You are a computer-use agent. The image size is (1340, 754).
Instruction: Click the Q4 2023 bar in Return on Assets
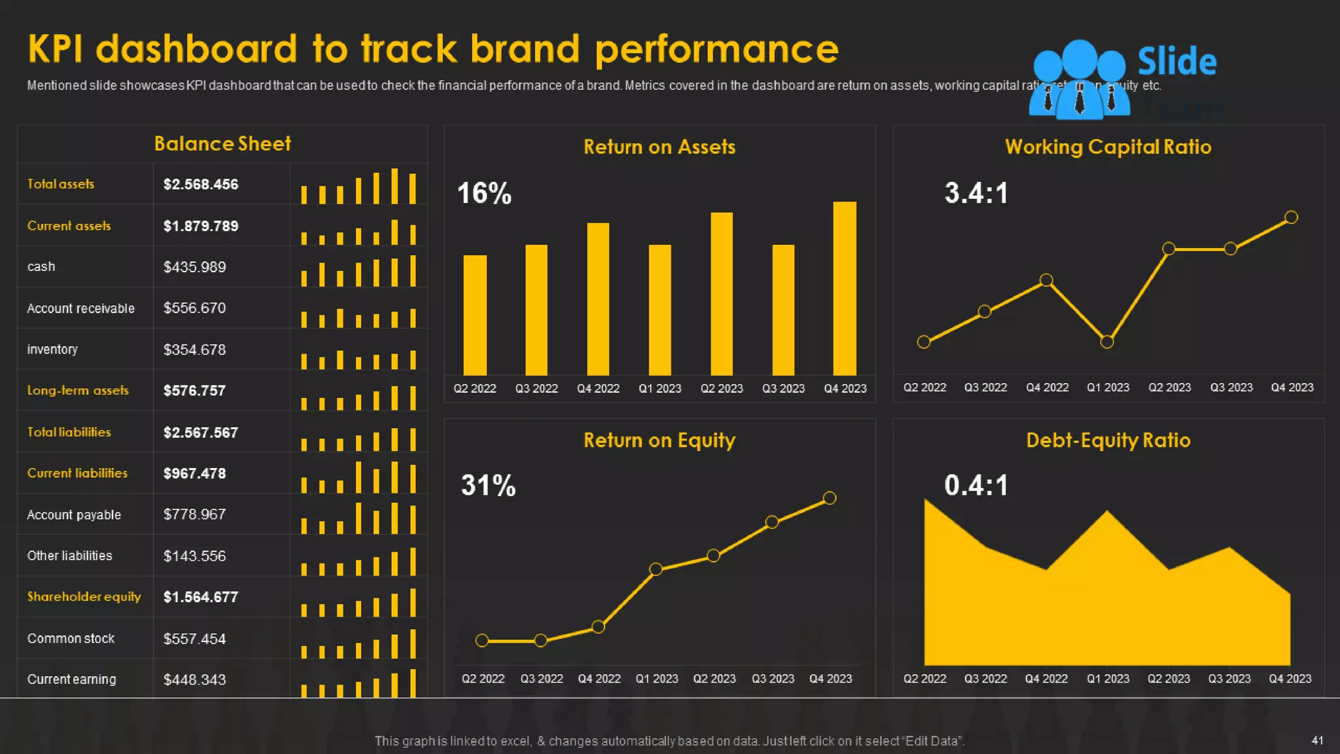click(x=844, y=288)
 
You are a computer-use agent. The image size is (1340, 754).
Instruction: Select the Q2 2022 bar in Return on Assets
click(x=475, y=315)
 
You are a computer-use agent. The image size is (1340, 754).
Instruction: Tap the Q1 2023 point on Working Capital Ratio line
click(x=1107, y=342)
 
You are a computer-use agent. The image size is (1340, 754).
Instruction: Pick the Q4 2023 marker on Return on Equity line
click(x=830, y=498)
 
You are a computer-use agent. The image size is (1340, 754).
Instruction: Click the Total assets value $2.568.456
click(x=201, y=185)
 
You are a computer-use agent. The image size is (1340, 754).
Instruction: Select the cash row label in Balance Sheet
click(x=41, y=267)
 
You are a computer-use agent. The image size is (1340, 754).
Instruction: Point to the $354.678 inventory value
click(x=194, y=350)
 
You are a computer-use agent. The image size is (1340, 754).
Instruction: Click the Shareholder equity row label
click(x=84, y=597)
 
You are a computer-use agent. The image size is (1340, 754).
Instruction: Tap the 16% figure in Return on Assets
click(x=484, y=194)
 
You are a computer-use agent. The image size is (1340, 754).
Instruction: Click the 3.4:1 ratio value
click(x=976, y=194)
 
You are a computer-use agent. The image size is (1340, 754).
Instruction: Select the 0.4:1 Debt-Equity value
click(x=976, y=486)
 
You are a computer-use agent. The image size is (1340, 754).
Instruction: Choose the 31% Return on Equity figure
click(x=488, y=486)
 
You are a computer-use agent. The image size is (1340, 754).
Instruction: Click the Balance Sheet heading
click(x=222, y=144)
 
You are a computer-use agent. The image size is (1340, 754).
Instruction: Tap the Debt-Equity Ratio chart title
click(x=1108, y=440)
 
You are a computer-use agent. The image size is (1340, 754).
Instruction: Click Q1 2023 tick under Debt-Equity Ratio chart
click(x=1108, y=679)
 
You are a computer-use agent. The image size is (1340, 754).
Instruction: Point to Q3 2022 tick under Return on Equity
click(x=541, y=679)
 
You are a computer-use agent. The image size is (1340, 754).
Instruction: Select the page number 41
click(x=1317, y=740)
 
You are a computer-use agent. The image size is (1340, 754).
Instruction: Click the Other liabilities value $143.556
click(x=194, y=556)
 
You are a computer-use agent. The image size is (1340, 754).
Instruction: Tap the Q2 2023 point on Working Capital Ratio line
click(x=1169, y=249)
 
